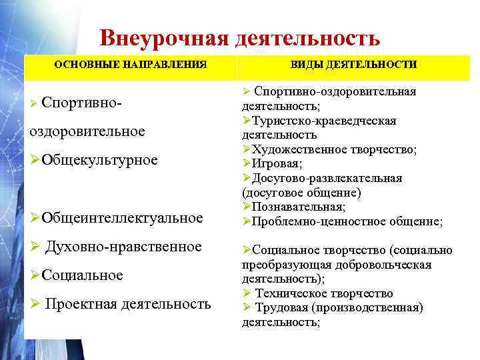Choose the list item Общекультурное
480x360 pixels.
(x=101, y=159)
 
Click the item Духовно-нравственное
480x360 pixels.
(x=123, y=247)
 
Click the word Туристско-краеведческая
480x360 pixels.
(x=323, y=121)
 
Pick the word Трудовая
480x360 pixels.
(x=282, y=307)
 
